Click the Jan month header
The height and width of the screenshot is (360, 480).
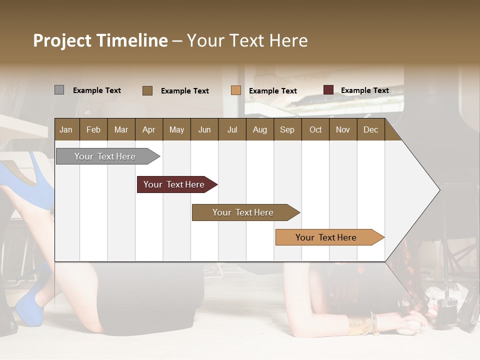[x=66, y=129]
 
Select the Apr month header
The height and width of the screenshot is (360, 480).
[x=148, y=129]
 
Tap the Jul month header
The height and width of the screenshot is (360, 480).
[x=232, y=129]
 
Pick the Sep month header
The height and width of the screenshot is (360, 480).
[x=287, y=129]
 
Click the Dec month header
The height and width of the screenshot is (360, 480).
[x=370, y=129]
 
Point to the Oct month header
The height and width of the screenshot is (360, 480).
[x=315, y=129]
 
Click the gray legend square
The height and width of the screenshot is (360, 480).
[x=59, y=90]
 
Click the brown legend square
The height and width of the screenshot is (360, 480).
[x=147, y=90]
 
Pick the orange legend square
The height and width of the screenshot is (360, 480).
[x=235, y=90]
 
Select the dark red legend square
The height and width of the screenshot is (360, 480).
[x=328, y=90]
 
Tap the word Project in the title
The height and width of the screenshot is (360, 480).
[x=62, y=40]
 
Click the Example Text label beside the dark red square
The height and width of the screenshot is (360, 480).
[x=364, y=90]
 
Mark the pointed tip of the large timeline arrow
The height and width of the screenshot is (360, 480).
[x=439, y=189]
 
